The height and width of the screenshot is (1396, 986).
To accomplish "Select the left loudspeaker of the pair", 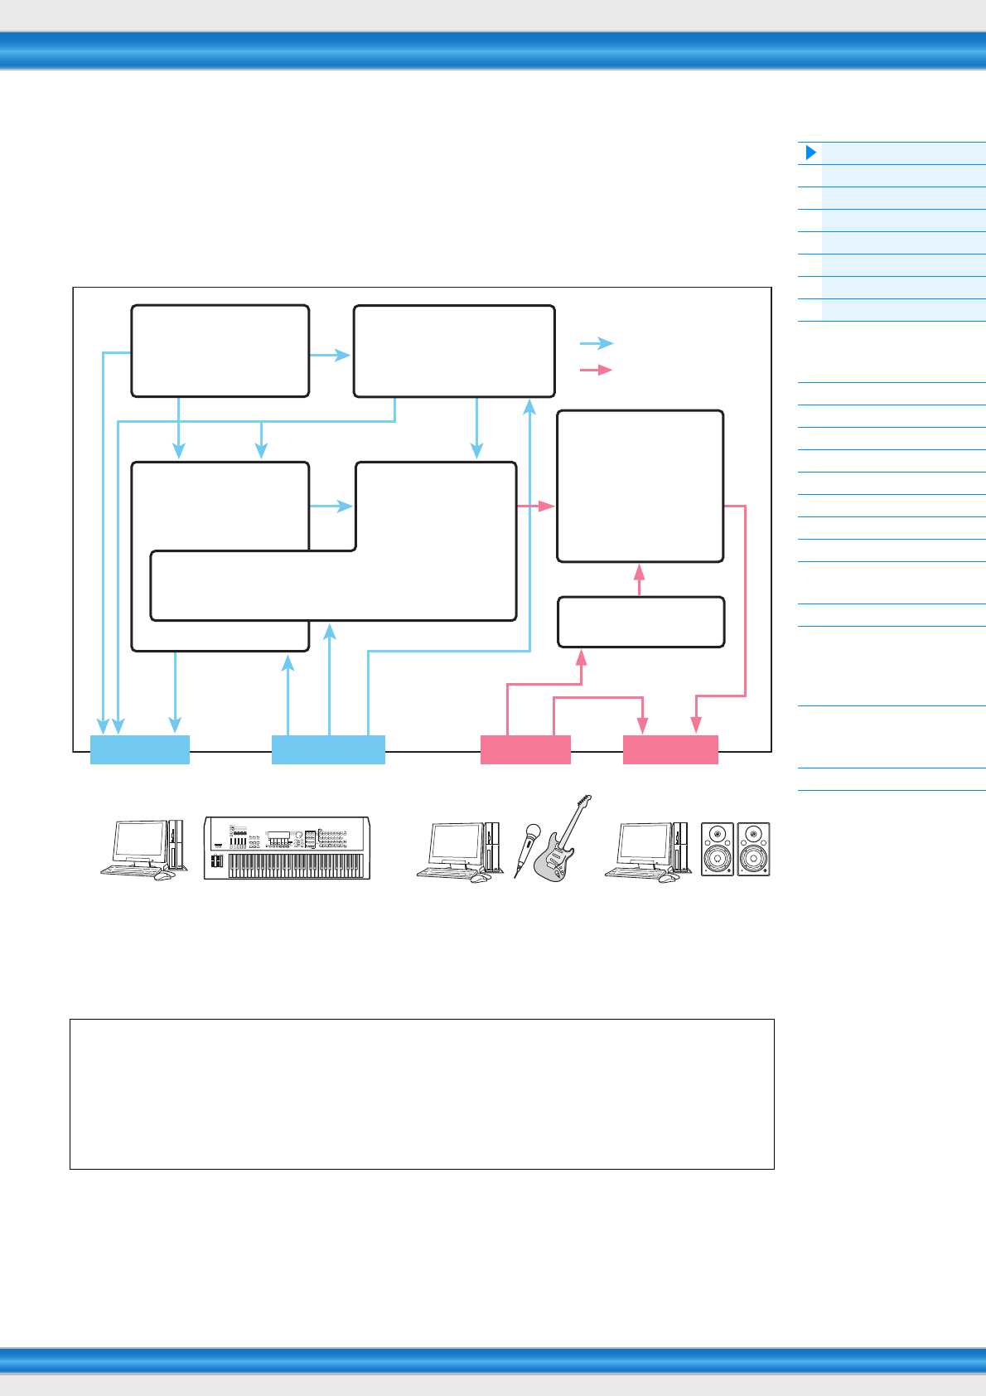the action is tap(718, 849).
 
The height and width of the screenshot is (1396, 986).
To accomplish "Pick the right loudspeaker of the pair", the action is tap(753, 849).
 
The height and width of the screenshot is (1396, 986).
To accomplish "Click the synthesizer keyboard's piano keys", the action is tap(297, 866).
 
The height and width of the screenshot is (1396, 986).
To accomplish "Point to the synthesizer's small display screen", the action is tap(278, 834).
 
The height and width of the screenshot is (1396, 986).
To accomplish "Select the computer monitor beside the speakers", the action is tap(643, 843).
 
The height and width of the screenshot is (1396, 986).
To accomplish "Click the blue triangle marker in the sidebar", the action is tap(811, 153).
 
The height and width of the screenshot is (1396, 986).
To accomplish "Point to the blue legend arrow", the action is tap(596, 343).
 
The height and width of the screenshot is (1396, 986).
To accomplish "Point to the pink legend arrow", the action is tap(596, 370).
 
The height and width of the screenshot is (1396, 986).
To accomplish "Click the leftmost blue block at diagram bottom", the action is tap(139, 749).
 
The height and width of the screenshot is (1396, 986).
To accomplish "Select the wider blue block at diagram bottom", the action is tap(328, 749).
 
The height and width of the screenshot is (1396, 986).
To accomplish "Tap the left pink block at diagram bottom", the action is tap(525, 749).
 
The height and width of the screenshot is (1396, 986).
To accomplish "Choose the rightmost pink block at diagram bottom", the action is tap(670, 749).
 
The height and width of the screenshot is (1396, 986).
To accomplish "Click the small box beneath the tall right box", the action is tap(640, 622).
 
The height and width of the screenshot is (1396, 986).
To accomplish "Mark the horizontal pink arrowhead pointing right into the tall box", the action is tap(547, 506).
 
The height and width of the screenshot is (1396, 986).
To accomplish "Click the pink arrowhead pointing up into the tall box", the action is tap(639, 572).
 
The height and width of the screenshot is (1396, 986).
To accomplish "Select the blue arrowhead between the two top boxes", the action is tap(343, 355).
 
